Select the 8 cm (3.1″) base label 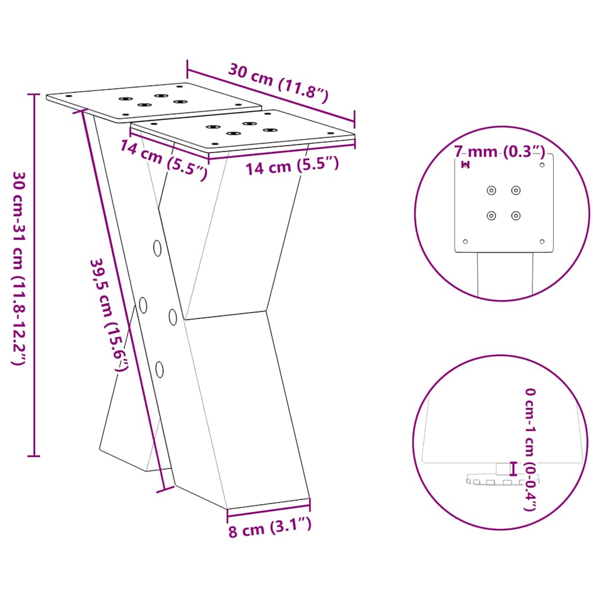click(x=269, y=529)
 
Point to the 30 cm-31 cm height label click(x=18, y=268)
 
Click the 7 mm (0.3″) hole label click(x=500, y=152)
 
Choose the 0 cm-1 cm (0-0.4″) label click(x=530, y=449)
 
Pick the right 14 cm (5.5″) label click(x=292, y=166)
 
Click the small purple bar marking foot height click(x=514, y=469)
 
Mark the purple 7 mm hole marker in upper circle click(x=466, y=165)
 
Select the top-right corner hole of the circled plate click(x=541, y=165)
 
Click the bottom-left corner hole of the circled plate click(x=466, y=241)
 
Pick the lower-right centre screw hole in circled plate click(x=516, y=216)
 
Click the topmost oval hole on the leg click(x=157, y=248)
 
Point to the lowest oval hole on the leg click(x=159, y=369)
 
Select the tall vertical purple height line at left click(x=35, y=274)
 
